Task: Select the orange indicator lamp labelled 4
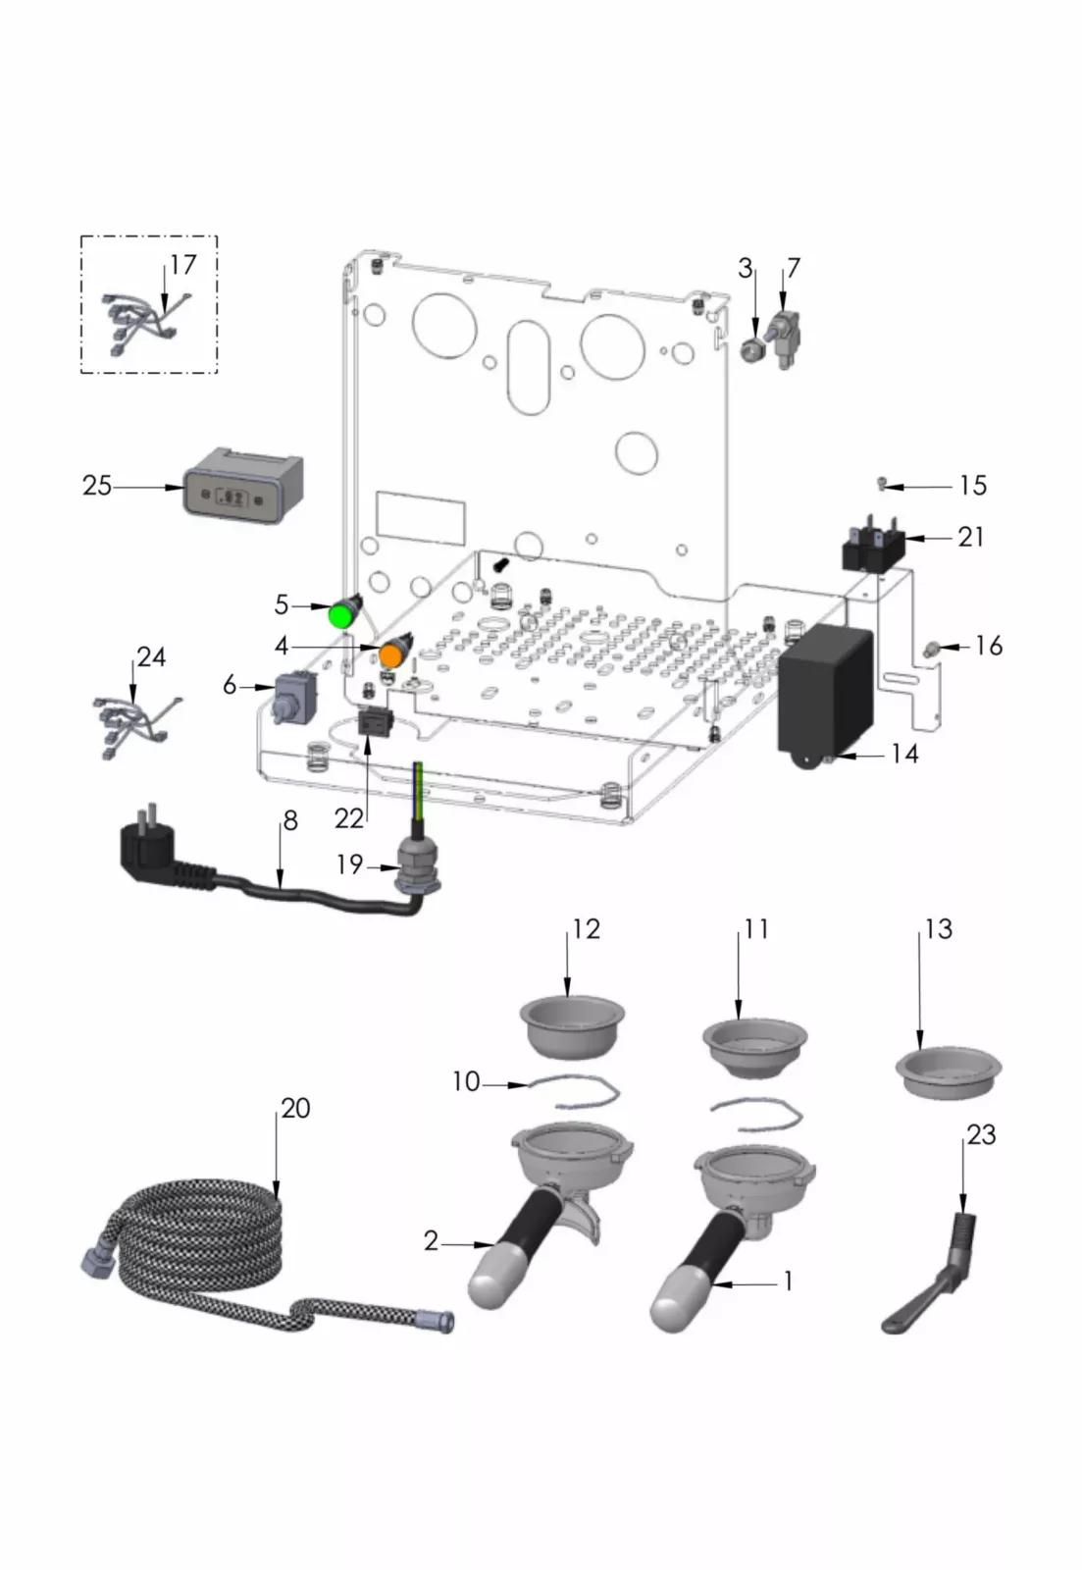394,653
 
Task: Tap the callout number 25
96,486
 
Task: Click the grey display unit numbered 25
242,488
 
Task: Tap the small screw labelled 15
883,483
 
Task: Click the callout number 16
989,646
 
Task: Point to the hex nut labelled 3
751,348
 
